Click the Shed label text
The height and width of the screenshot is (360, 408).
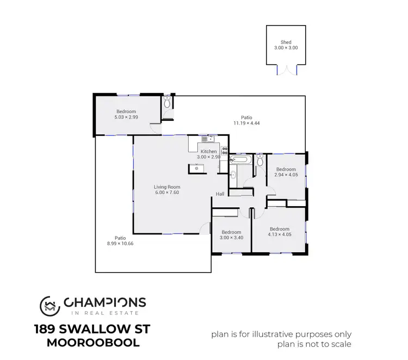point(286,42)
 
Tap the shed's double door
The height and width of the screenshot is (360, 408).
point(286,70)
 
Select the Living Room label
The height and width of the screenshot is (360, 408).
point(166,187)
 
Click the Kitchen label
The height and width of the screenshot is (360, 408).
point(209,151)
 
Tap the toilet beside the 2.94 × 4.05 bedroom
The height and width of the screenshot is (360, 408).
point(261,160)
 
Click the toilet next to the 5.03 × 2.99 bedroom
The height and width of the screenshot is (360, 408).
point(168,102)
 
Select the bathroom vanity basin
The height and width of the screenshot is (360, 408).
point(233,174)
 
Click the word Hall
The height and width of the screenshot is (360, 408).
point(220,194)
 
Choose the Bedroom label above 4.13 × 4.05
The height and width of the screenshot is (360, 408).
point(280,229)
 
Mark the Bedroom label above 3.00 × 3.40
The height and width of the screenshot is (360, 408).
point(231,232)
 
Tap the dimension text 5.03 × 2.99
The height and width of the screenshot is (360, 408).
point(126,117)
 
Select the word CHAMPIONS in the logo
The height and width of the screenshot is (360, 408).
point(105,302)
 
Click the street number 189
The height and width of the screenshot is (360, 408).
point(44,330)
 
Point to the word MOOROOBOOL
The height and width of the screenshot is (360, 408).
point(94,343)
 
